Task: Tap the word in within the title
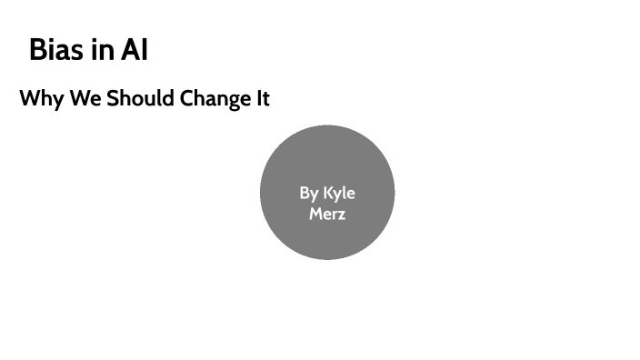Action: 103,49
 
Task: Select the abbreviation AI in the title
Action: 134,49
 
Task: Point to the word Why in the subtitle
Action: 42,98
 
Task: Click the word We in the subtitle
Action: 85,98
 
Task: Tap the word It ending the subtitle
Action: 262,98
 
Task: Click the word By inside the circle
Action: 309,194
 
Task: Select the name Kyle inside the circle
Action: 339,194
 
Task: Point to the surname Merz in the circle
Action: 327,215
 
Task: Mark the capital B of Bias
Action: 38,49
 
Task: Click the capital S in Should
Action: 113,98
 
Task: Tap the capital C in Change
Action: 186,98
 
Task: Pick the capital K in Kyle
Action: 328,193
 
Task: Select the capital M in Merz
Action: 315,215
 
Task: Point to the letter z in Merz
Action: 341,215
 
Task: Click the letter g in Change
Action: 230,100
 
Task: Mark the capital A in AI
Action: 129,49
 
